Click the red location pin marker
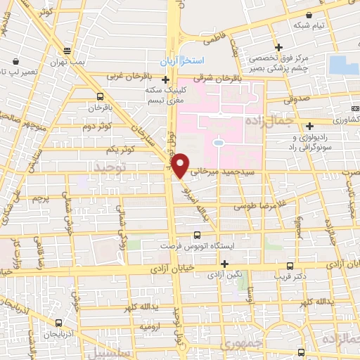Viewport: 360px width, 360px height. [181, 165]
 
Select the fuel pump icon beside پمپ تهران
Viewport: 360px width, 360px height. [67, 51]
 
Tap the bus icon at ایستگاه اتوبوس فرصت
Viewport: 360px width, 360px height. [197, 236]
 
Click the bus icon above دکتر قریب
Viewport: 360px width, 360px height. [292, 266]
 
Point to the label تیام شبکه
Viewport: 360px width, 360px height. [309, 26]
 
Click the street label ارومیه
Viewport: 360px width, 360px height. [151, 327]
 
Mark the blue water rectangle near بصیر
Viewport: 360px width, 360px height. [343, 65]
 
